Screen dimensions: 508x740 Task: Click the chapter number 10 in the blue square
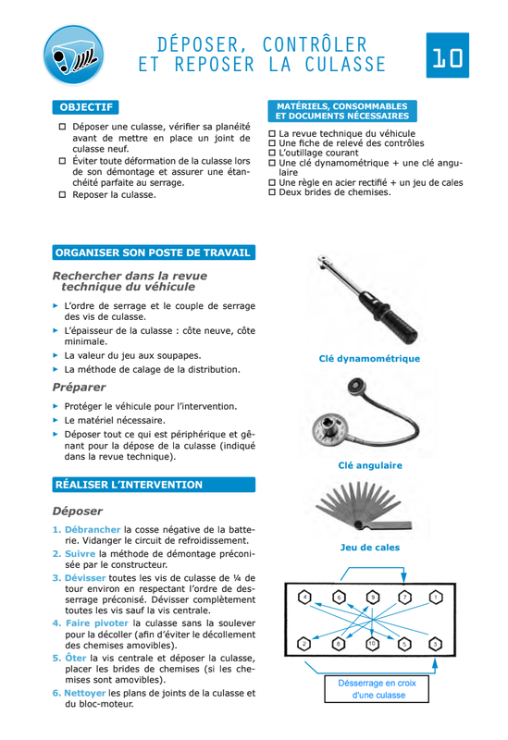coord(447,55)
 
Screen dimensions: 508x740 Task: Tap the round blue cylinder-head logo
coord(74,55)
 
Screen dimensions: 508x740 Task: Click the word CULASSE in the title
coord(345,65)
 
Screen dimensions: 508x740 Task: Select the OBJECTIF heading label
coord(85,107)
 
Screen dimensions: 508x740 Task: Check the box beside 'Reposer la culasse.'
coord(62,194)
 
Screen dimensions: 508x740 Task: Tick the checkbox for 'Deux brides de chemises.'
coord(272,192)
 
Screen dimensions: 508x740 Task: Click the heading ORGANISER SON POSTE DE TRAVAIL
coord(154,253)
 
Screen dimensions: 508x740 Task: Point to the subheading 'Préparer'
coord(79,387)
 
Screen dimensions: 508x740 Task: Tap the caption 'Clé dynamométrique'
coord(369,359)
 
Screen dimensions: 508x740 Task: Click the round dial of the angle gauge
coord(330,429)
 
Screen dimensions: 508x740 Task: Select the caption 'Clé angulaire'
coord(370,465)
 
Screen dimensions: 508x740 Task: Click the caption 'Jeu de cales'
coord(370,548)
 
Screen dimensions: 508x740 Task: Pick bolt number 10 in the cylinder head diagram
coord(373,643)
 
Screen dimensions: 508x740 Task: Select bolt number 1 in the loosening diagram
coord(435,598)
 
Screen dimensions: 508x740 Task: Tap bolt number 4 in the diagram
coord(305,598)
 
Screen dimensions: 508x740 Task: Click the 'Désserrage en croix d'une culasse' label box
coord(377,689)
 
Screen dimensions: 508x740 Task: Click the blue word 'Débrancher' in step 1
coord(93,529)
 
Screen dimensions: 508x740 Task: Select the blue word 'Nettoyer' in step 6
coord(85,693)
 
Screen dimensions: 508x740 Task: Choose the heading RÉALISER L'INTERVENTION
coord(154,485)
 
